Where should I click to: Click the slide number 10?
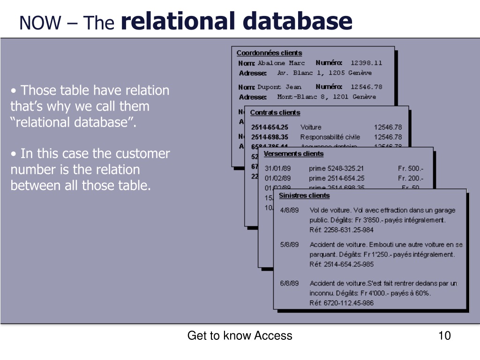(x=444, y=336)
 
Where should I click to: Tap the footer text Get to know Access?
(x=240, y=336)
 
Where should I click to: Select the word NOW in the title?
(x=40, y=22)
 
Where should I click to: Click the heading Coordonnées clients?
(x=269, y=53)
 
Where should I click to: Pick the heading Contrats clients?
(x=275, y=112)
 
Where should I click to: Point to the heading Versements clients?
(x=293, y=154)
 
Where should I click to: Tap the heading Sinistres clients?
(x=304, y=195)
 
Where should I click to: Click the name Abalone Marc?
(x=281, y=63)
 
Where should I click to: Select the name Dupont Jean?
(x=279, y=87)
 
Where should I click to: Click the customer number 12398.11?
(x=366, y=63)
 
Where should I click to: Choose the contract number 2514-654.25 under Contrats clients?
(x=270, y=127)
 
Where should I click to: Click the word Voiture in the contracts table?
(x=311, y=127)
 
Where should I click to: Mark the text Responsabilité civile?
(x=330, y=137)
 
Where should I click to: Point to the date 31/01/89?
(x=277, y=168)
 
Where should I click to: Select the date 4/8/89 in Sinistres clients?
(x=289, y=210)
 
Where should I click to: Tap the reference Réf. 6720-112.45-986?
(x=342, y=303)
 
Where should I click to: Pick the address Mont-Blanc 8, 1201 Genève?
(x=326, y=97)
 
